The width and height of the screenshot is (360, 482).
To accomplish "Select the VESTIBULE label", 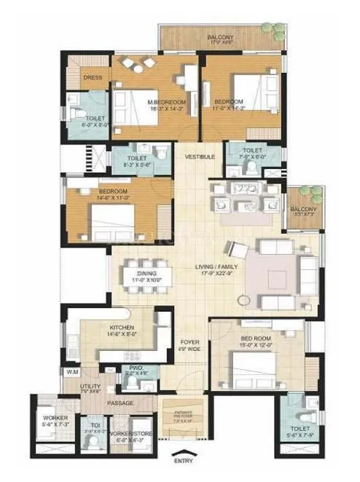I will [x=199, y=157].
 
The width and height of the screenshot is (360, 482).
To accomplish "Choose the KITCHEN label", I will [x=120, y=328].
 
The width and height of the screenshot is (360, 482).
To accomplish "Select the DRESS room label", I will [x=93, y=78].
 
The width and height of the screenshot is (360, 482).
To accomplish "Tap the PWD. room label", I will [x=136, y=368].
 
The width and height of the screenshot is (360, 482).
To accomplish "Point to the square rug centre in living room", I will [x=277, y=277].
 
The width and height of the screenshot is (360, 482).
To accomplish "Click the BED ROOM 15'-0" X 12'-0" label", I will [x=256, y=340].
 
